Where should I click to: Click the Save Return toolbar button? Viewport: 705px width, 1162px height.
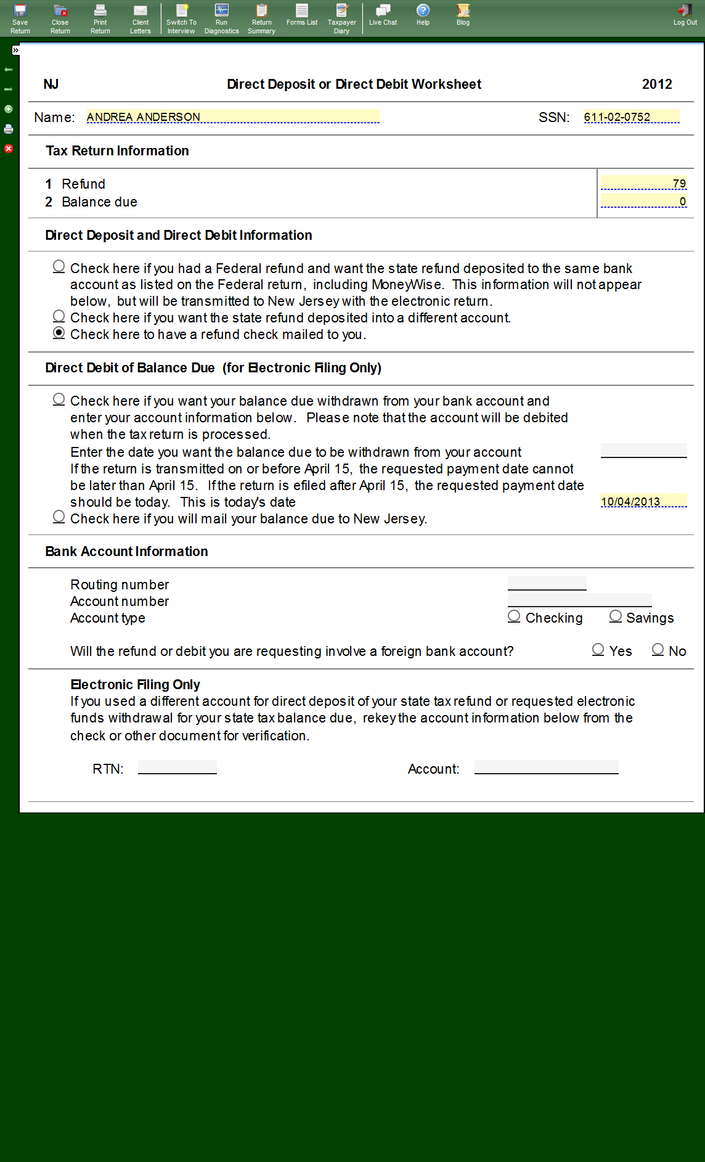click(x=20, y=18)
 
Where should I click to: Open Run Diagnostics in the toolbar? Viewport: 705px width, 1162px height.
click(x=221, y=18)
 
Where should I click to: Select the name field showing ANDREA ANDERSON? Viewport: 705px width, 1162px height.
click(x=232, y=117)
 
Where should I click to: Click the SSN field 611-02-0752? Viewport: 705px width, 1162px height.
click(x=631, y=117)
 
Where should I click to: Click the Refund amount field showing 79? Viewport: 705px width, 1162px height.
click(x=643, y=183)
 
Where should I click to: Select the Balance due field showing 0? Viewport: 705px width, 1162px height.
click(x=643, y=201)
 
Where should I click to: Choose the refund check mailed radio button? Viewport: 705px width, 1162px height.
click(x=59, y=333)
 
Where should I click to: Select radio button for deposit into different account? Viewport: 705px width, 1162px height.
click(x=59, y=316)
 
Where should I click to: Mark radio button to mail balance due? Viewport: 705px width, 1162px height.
click(x=59, y=517)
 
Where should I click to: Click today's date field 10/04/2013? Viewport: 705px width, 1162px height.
click(x=643, y=501)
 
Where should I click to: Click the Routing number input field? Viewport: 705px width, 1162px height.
click(x=547, y=583)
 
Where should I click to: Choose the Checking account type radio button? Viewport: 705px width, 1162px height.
click(x=514, y=616)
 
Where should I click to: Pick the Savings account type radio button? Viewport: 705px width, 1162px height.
click(x=616, y=616)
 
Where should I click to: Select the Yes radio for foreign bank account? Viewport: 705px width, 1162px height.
click(x=598, y=649)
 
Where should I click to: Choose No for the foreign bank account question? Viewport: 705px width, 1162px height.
click(x=658, y=649)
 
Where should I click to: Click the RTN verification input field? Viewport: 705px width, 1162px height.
click(x=177, y=767)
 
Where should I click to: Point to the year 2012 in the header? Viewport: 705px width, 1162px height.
click(x=657, y=84)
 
